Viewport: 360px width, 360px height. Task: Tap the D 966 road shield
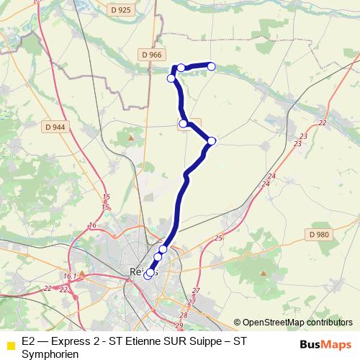click(153, 54)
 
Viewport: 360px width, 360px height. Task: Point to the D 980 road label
click(318, 234)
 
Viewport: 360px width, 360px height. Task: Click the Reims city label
click(143, 271)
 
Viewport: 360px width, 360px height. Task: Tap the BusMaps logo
click(326, 344)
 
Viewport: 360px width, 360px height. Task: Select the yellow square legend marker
click(11, 344)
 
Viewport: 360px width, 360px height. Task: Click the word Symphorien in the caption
click(50, 354)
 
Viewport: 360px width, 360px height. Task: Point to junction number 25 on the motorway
click(219, 238)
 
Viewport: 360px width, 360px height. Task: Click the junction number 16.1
click(70, 276)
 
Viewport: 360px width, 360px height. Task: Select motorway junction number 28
click(183, 315)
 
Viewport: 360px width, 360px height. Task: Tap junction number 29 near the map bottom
click(179, 325)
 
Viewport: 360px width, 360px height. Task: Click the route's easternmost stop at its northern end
click(212, 66)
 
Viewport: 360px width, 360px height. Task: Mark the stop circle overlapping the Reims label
click(149, 274)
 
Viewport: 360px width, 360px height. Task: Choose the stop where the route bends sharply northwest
click(212, 141)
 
